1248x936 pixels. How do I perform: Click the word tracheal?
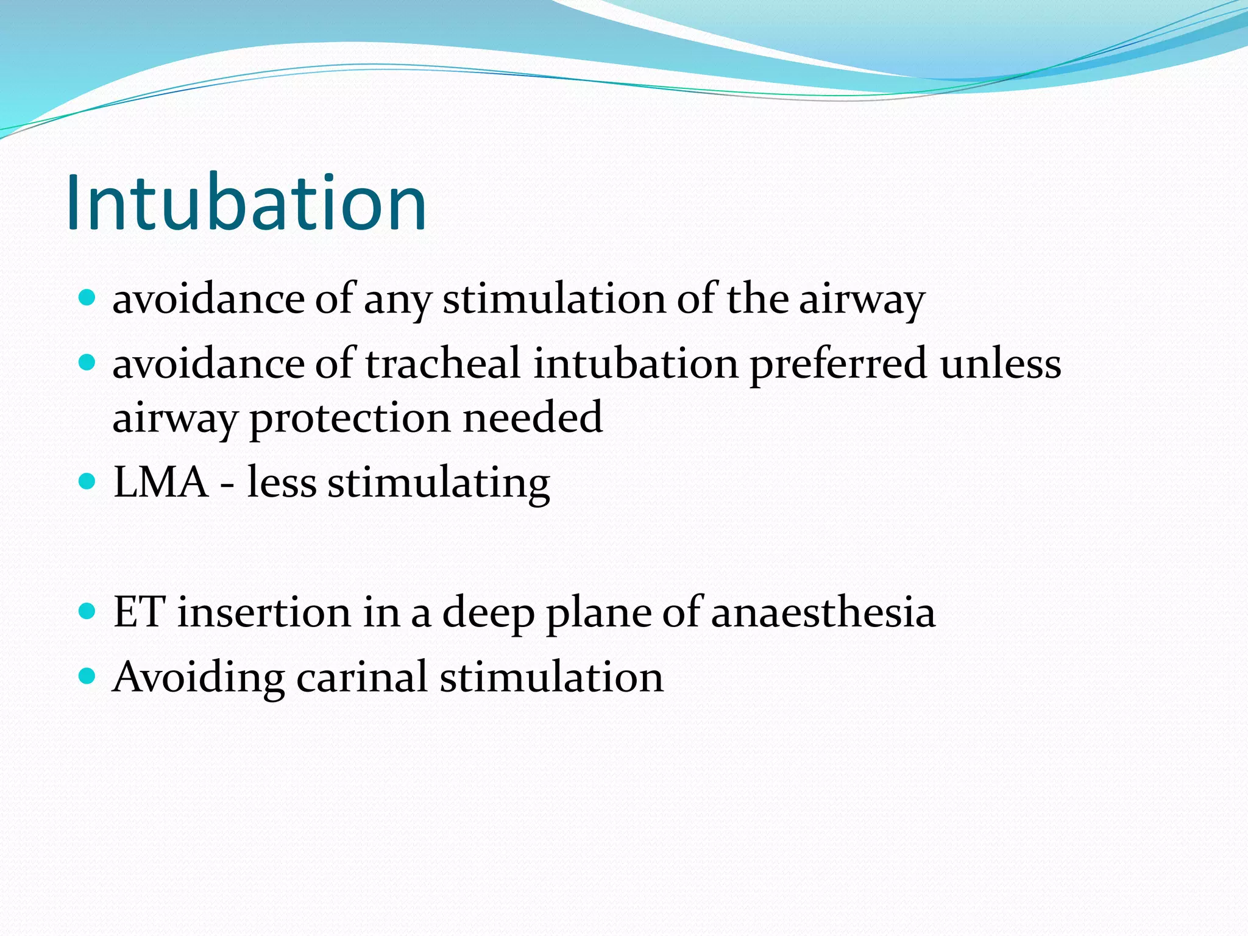[x=443, y=364]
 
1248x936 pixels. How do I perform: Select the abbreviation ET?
[x=139, y=612]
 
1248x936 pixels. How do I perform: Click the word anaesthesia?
[x=823, y=612]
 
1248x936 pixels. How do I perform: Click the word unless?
[x=1000, y=364]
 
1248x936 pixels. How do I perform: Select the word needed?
[x=533, y=418]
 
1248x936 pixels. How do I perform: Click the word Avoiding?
[x=199, y=678]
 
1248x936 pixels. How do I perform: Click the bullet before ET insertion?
[x=88, y=611]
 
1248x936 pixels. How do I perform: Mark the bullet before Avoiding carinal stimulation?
[x=88, y=676]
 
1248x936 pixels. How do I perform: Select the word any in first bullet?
[x=397, y=301]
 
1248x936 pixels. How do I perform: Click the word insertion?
[x=264, y=612]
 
